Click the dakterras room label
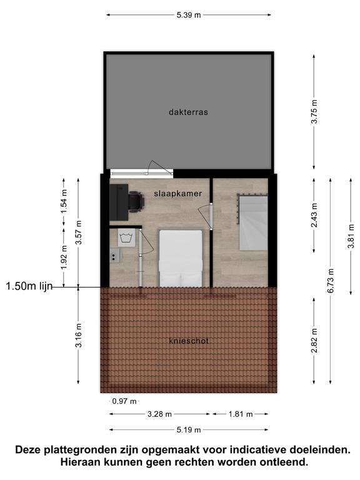[188, 112]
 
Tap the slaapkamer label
[178, 194]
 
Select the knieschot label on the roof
[189, 341]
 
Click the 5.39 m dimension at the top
[189, 15]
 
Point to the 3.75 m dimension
[314, 112]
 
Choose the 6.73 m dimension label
[331, 281]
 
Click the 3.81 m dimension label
[351, 236]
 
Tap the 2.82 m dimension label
[314, 341]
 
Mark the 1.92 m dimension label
[63, 257]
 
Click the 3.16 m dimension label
[78, 336]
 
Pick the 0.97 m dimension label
[124, 401]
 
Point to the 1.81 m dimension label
[241, 414]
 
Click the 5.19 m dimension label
[189, 430]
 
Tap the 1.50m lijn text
[29, 286]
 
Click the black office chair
[136, 202]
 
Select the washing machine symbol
[126, 237]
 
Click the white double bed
[181, 258]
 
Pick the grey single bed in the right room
[253, 222]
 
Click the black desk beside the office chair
[119, 202]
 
